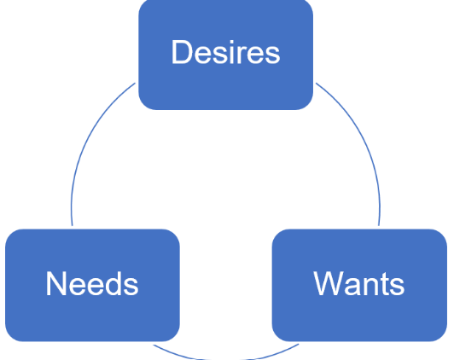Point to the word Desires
tap(225, 53)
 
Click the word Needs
tap(92, 284)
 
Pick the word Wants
tap(359, 284)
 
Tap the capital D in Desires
tap(181, 53)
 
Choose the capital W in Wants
tap(329, 284)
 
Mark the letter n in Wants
tap(368, 286)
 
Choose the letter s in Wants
tap(395, 286)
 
